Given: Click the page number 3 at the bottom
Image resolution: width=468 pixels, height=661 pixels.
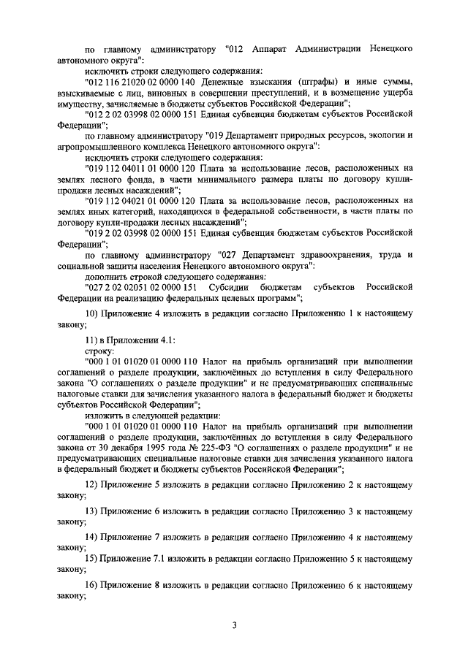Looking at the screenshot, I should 234,624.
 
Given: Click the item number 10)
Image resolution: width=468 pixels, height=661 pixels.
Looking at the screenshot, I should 93,312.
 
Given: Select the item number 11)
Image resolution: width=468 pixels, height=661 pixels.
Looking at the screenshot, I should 93,339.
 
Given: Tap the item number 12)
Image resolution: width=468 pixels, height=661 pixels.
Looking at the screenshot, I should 93,484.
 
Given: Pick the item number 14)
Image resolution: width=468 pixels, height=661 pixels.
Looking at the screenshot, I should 93,537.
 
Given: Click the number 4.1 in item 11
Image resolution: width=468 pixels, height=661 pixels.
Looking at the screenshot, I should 166,339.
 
